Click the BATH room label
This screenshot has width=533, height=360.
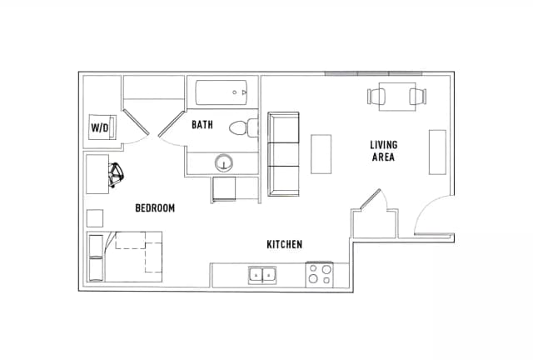coord(202,124)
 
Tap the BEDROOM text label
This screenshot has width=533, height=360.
coord(155,207)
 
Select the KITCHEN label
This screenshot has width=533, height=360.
coord(285,244)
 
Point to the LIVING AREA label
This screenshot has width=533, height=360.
coord(383,151)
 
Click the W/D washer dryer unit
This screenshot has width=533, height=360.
coord(102,127)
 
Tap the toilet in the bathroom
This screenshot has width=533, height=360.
coord(244,127)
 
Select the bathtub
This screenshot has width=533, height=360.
coord(222,92)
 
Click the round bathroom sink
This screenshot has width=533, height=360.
coord(224,163)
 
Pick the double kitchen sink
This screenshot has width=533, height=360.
coord(262,275)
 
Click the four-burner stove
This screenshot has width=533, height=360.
coord(320,274)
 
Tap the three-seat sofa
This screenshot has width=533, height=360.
coord(283,154)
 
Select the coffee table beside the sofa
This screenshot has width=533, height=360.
coord(321,154)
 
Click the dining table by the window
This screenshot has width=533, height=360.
coord(397,97)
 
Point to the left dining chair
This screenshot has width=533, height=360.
coord(376,97)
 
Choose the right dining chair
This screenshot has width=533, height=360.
coord(418,97)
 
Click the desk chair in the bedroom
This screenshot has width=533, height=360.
coord(116,174)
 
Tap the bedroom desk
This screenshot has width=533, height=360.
coord(97,174)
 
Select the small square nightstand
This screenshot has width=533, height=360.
coord(95,218)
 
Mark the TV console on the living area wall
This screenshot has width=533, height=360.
coord(437,152)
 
